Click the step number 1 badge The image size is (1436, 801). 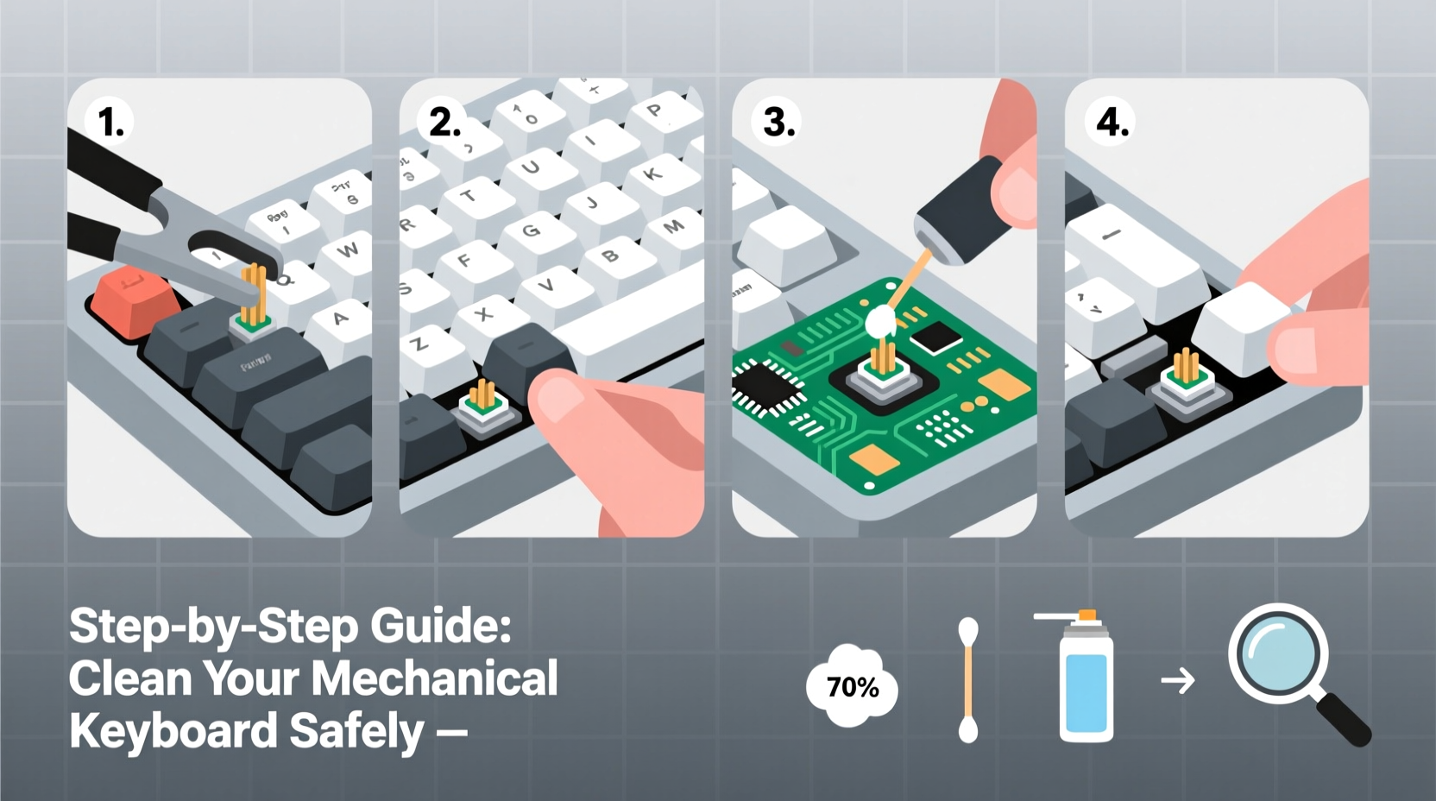tap(110, 122)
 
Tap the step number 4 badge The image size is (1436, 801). tap(1112, 122)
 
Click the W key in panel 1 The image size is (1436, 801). tap(348, 250)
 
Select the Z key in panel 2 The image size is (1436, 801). tap(419, 344)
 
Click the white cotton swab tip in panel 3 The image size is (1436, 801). tap(880, 322)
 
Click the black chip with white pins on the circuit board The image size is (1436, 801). tap(765, 386)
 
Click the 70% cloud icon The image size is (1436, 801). tap(852, 687)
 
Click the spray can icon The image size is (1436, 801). tap(1086, 682)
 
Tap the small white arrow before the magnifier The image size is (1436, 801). tap(1178, 681)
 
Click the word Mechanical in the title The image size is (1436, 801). tap(436, 678)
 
